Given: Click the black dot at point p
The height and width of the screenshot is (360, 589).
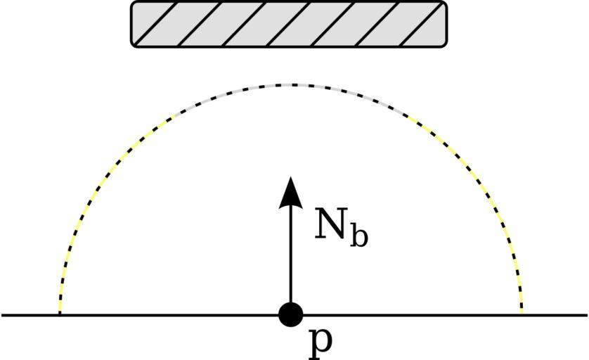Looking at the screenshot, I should [x=290, y=314].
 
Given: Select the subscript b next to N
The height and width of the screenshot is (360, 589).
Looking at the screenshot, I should [x=358, y=236].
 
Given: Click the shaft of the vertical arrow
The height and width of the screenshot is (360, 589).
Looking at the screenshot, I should [x=290, y=253].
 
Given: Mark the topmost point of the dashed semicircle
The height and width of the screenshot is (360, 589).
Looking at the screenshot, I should [x=290, y=84].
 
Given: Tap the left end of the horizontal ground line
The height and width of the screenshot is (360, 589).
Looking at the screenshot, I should [x=3, y=315].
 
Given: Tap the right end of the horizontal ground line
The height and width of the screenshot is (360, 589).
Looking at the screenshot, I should [x=585, y=315].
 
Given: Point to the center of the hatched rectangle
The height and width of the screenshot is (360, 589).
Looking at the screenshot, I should [x=289, y=24].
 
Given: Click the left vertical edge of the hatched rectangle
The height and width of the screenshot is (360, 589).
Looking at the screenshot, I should [x=131, y=24].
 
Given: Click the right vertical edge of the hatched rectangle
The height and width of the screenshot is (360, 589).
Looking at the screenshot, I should [x=446, y=24].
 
